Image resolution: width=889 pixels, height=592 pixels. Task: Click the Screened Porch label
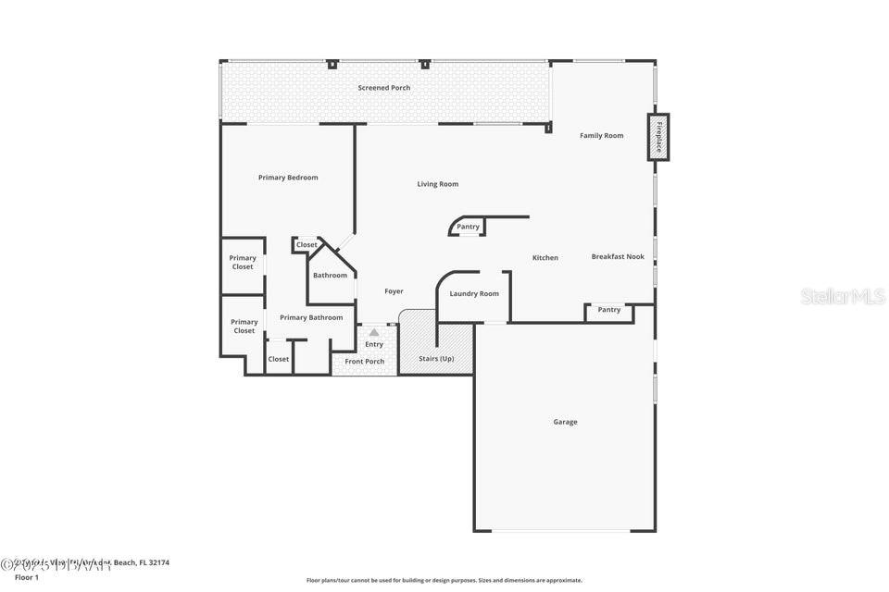[x=383, y=88]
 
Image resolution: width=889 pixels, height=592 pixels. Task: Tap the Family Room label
[x=601, y=136]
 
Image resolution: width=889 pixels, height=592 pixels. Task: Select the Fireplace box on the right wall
[x=658, y=137]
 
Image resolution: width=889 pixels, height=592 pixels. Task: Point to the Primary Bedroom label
[x=288, y=178]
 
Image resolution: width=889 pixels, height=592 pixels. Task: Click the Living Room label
[x=437, y=184]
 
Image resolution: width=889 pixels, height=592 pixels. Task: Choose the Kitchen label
[x=545, y=258]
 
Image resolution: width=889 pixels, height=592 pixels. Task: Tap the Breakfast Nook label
[x=618, y=256]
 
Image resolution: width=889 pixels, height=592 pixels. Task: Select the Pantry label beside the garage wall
[x=608, y=310]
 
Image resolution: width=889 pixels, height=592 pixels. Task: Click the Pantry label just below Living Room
[x=468, y=227]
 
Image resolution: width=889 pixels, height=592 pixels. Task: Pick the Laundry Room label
[x=474, y=294]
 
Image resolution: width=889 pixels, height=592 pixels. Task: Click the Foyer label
[x=394, y=291]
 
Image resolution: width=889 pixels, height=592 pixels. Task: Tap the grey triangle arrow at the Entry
[x=373, y=331]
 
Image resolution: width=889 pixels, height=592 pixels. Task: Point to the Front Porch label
[x=364, y=362]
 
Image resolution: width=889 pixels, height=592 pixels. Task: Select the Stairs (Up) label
[x=436, y=358]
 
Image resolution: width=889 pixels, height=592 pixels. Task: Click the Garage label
[x=565, y=422]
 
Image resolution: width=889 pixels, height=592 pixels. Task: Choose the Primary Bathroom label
[x=311, y=318]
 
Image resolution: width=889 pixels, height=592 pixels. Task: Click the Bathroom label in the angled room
[x=330, y=276]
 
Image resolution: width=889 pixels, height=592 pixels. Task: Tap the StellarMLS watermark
[x=842, y=296]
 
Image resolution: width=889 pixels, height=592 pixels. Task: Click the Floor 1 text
[x=27, y=577]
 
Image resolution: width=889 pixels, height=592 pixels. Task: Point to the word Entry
[x=373, y=345]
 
